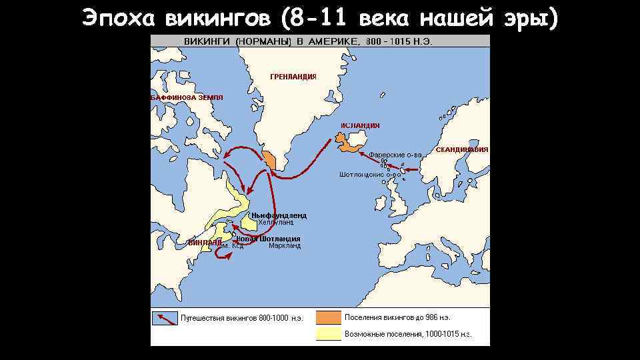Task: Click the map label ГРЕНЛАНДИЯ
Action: [293, 77]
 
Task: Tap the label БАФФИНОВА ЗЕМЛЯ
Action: [187, 97]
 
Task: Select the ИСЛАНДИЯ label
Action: [360, 125]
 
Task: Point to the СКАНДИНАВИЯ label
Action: [462, 150]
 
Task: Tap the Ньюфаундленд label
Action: [279, 215]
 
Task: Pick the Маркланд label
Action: [285, 245]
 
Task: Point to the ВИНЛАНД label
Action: [204, 242]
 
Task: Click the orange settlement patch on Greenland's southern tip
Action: [269, 159]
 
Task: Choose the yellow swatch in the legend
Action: [328, 333]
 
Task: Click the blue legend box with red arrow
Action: [164, 317]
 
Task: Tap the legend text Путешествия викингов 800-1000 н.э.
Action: [242, 318]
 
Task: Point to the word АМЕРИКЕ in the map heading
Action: [332, 41]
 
